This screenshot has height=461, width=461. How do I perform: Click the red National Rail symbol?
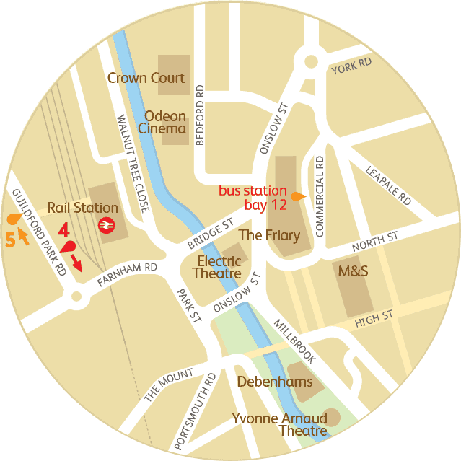click(105, 225)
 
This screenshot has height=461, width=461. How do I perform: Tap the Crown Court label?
click(146, 78)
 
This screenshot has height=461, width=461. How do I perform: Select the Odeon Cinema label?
click(165, 123)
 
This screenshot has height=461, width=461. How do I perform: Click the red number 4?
click(63, 232)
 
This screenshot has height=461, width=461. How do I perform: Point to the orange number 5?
click(9, 240)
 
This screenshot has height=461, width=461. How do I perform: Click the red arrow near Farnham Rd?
click(76, 263)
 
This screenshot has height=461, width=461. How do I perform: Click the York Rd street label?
click(351, 66)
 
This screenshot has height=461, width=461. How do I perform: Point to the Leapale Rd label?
click(388, 183)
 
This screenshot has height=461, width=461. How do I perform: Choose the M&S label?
click(354, 271)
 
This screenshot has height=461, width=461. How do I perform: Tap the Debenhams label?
click(275, 381)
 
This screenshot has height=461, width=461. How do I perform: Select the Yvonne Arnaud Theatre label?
click(279, 425)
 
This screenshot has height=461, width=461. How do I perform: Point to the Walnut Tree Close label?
click(133, 163)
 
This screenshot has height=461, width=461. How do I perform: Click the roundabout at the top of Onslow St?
click(312, 63)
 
